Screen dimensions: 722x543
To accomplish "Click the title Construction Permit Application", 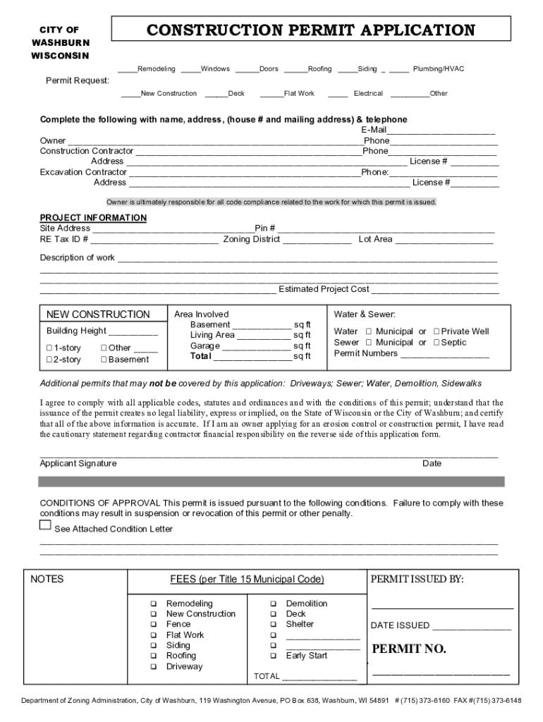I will point(310,30).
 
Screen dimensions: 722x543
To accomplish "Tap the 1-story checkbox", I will point(49,348).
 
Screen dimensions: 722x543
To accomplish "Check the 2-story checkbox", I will point(49,360).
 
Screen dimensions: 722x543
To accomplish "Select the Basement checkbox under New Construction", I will point(103,360).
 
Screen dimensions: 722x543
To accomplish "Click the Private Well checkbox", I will point(437,331).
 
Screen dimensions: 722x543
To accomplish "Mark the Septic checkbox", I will point(437,343).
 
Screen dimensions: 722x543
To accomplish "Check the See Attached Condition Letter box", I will point(45,526).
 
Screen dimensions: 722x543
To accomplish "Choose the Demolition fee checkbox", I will point(272,604).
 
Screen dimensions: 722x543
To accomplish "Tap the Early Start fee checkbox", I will point(272,656).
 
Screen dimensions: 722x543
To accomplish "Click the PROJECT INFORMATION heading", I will point(93,218).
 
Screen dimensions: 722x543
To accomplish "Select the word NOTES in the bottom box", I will point(47,580).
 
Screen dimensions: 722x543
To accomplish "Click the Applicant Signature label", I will point(78,464).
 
